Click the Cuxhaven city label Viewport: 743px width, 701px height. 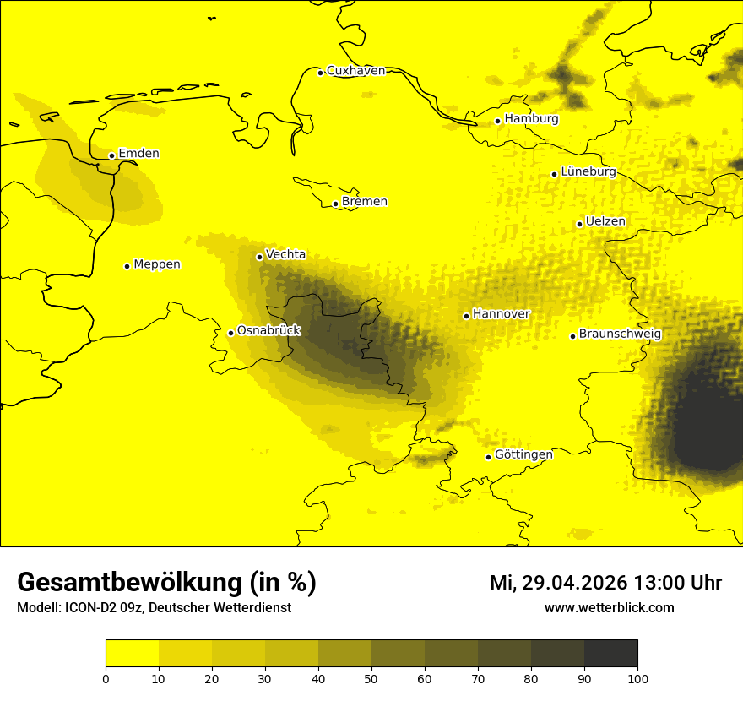(355, 71)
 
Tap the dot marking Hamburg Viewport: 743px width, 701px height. (498, 121)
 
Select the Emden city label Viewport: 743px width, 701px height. (138, 154)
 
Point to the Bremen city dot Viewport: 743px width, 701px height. (335, 204)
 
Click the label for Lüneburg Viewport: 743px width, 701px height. (588, 172)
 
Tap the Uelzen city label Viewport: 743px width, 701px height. (605, 222)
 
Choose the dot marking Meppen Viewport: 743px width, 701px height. (127, 266)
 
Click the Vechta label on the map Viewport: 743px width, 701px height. (285, 254)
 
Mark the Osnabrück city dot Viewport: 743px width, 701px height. (230, 333)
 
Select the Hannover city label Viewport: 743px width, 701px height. (501, 314)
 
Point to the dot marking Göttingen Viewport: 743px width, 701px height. (488, 457)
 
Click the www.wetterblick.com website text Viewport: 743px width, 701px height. (609, 608)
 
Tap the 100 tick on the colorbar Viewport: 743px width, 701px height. (637, 677)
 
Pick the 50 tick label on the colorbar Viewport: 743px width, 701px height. (371, 677)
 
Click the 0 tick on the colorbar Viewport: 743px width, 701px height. (106, 677)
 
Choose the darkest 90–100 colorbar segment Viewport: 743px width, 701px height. (610, 654)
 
